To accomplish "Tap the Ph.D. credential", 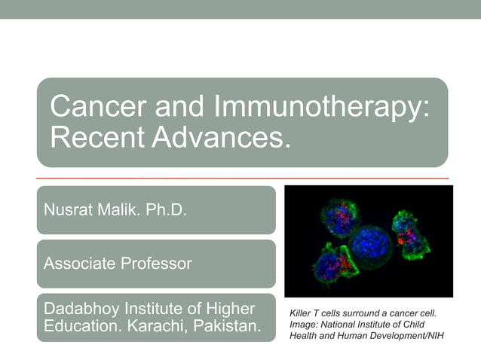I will point(164,209).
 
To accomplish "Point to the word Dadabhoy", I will point(84,309).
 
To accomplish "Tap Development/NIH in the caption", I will point(409,335).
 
